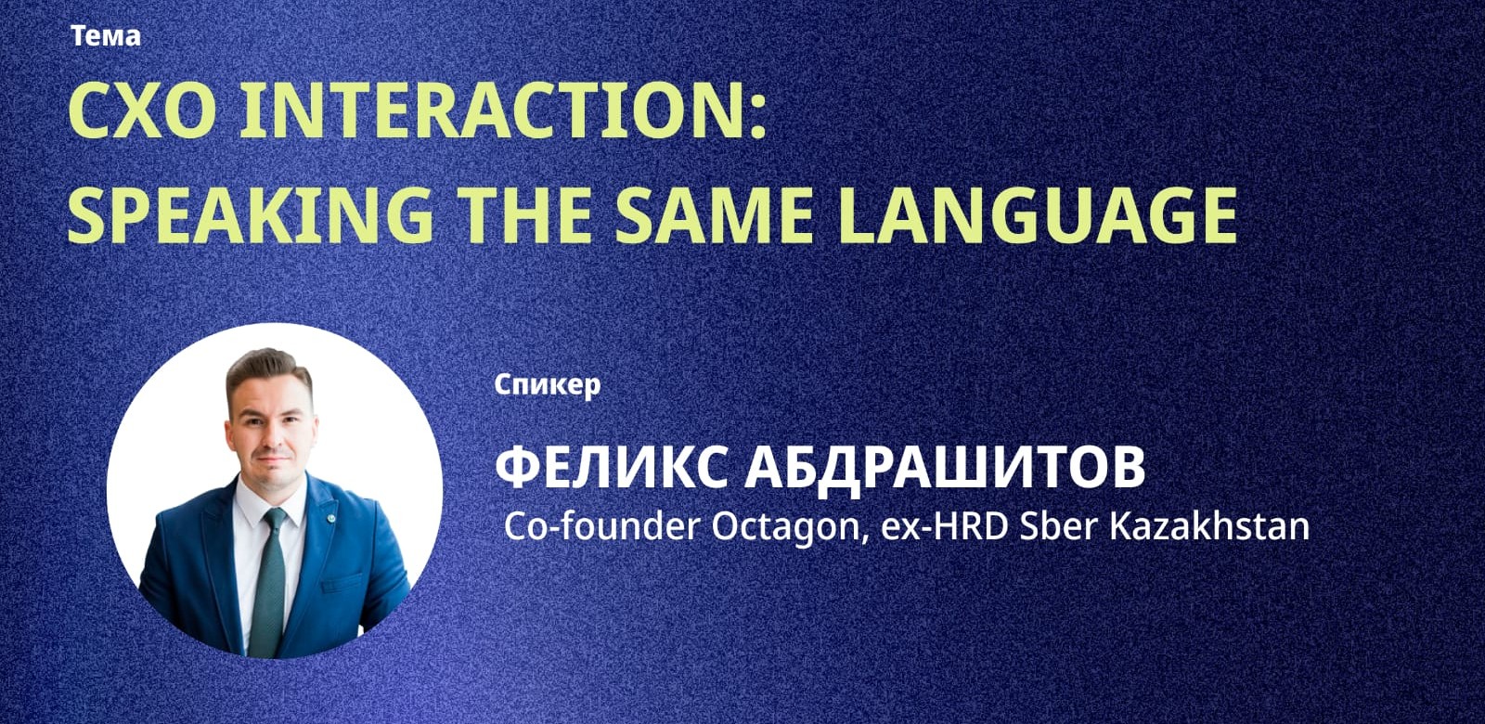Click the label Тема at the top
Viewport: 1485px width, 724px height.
coord(105,36)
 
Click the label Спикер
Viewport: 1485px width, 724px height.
coord(547,384)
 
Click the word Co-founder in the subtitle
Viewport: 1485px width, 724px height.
coord(601,526)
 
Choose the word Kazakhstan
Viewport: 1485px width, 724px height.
coord(1209,526)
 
